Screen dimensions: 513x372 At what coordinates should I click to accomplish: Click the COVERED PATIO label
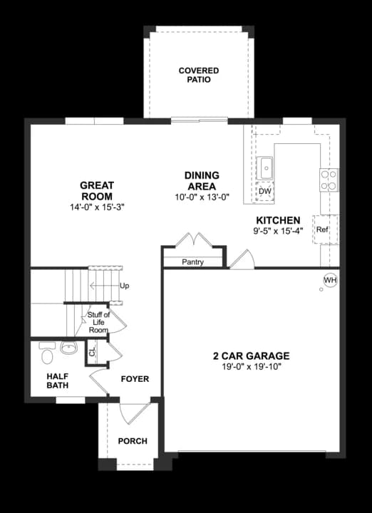point(199,76)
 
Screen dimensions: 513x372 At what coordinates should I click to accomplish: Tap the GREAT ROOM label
point(97,190)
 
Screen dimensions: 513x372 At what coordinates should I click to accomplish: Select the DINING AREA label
point(202,180)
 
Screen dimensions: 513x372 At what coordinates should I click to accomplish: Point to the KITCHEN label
point(278,220)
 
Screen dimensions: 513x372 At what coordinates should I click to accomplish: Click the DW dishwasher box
point(264,192)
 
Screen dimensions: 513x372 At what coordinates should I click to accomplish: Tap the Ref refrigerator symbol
point(322,229)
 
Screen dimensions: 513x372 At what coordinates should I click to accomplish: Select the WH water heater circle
point(330,281)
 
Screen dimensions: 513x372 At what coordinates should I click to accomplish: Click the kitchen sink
point(265,168)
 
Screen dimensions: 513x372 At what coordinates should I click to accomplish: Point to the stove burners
point(329,180)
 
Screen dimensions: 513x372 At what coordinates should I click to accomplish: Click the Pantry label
point(192,262)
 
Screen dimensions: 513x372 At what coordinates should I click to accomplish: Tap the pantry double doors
point(194,239)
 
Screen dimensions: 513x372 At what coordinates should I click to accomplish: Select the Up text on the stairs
point(124,286)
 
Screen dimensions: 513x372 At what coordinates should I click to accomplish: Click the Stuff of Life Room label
point(98,322)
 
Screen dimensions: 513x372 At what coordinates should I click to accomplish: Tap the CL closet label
point(93,351)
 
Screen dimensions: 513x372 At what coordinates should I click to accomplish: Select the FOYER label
point(135,379)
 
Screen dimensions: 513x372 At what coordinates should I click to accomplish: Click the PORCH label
point(133,441)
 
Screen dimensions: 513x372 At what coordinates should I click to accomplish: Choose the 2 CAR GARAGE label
point(255,356)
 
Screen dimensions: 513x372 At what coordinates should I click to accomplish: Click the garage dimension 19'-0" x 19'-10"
point(255,367)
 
